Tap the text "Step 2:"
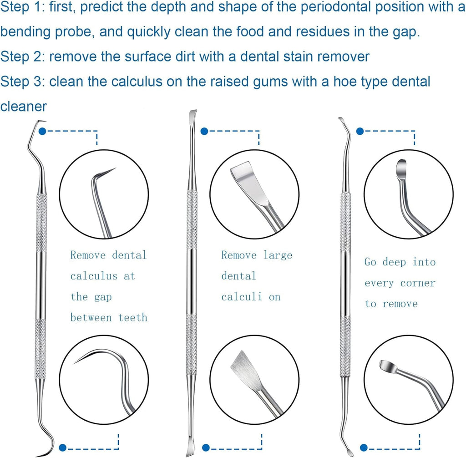pyautogui.click(x=22, y=57)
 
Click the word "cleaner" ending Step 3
pyautogui.click(x=23, y=107)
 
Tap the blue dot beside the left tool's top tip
pyautogui.click(x=42, y=131)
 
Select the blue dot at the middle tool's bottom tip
pyautogui.click(x=205, y=448)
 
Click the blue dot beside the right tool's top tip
pyautogui.click(x=360, y=131)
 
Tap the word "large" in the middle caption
pyautogui.click(x=278, y=255)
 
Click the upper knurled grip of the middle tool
pyautogui.click(x=192, y=219)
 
